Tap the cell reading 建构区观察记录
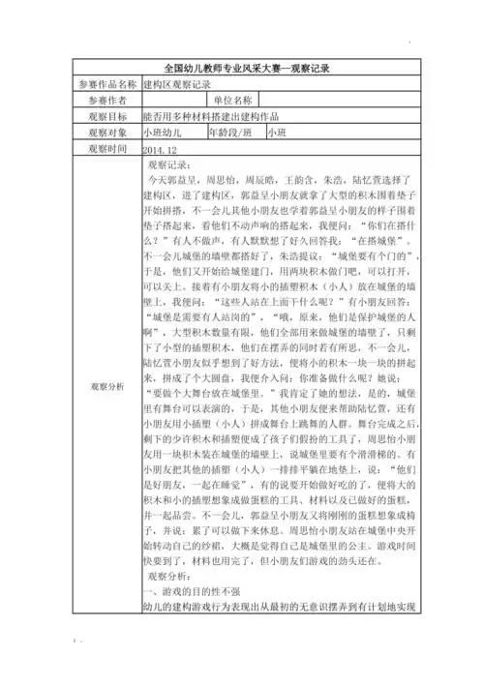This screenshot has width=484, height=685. (176, 86)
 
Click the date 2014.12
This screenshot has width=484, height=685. (160, 152)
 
